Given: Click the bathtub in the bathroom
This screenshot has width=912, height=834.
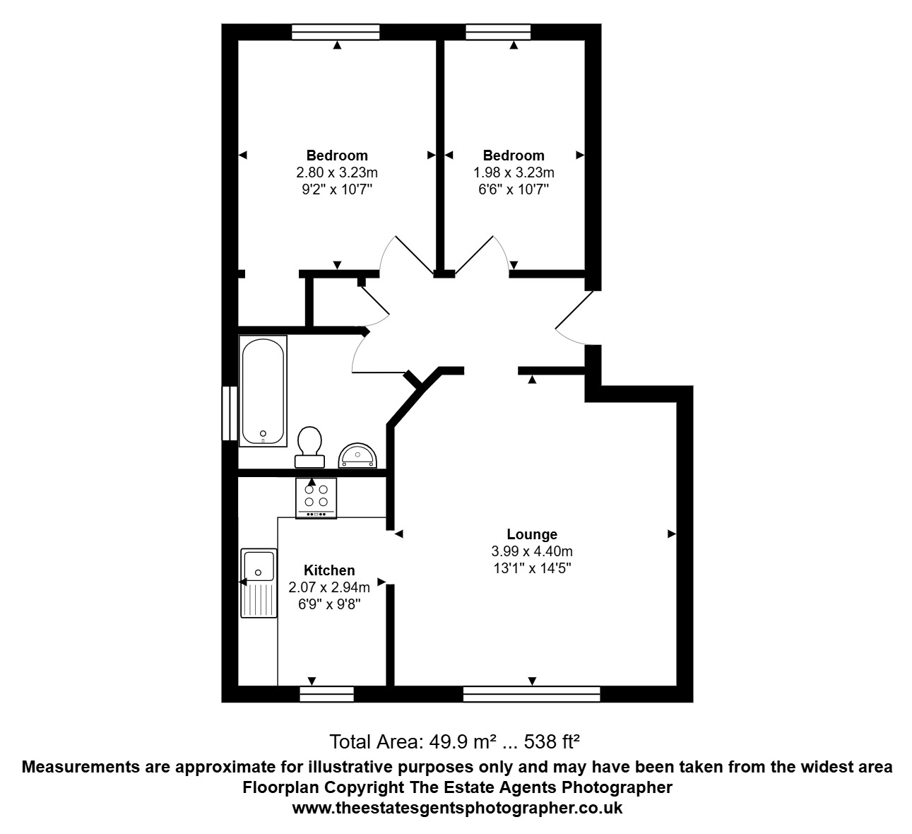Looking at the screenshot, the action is tap(263, 391).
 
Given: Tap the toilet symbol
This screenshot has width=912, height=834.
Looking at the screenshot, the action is tap(309, 447).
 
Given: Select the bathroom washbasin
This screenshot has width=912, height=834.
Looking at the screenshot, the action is tap(357, 455).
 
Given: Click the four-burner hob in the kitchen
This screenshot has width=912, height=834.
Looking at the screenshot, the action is tap(316, 498).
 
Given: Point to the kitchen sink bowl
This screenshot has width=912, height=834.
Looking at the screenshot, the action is tap(259, 566).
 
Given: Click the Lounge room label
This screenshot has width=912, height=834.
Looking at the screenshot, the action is tap(532, 534).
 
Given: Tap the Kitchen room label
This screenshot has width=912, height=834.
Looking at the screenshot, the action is tap(329, 570).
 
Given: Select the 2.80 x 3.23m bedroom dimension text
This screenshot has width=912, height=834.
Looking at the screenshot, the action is tap(337, 172).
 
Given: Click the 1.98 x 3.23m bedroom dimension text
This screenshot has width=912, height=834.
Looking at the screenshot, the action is tap(514, 172).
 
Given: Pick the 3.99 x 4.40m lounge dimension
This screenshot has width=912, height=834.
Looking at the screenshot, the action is tap(532, 551).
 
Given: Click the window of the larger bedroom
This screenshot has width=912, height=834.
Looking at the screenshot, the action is tap(336, 32).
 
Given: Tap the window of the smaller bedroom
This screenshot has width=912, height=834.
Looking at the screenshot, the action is tap(498, 32).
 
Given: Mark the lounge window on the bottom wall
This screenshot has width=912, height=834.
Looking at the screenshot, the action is tap(531, 694).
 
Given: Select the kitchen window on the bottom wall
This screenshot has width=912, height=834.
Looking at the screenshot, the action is tap(327, 694).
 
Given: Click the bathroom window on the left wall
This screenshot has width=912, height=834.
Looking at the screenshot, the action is tap(230, 413).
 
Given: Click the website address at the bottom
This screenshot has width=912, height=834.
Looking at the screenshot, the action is tap(457, 808).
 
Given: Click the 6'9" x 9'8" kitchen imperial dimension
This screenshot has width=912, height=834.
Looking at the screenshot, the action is tap(329, 604).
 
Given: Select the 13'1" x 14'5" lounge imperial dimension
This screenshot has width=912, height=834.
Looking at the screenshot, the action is tap(532, 568).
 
